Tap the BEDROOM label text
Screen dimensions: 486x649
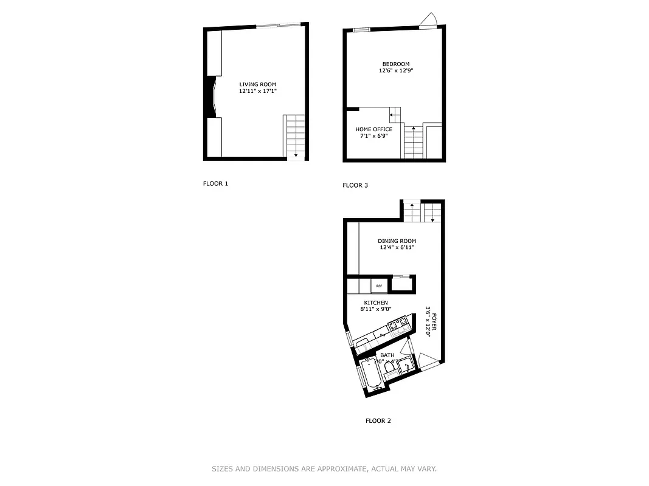[395, 64]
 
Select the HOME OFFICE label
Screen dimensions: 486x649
[373, 129]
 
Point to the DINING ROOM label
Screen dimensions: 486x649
[397, 241]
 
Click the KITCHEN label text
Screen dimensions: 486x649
[376, 303]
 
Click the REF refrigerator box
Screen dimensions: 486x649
[379, 286]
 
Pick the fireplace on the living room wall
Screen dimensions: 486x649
[212, 96]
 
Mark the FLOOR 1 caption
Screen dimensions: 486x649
[215, 183]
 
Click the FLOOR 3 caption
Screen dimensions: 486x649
[355, 185]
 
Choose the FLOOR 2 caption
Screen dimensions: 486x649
[378, 420]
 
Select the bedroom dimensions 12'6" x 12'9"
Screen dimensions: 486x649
[395, 71]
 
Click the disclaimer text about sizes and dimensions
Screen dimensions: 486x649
[324, 468]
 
